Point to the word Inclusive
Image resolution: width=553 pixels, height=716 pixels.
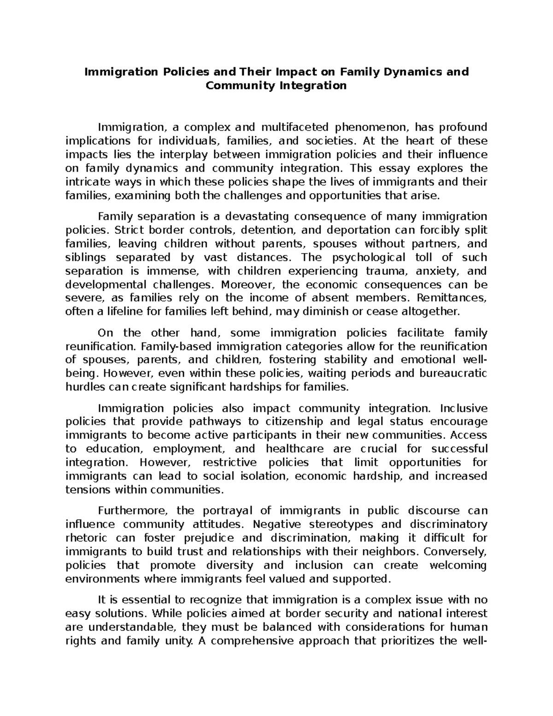coord(464,408)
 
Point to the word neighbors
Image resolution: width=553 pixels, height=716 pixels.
coord(391,552)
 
